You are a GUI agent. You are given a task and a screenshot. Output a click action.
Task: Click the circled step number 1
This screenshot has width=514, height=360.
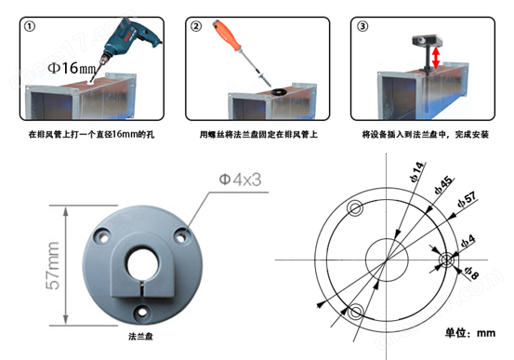point(33,25)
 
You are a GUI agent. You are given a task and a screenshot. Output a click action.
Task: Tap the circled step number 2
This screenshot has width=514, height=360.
point(197,25)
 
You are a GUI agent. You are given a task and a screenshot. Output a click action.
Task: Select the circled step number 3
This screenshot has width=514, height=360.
point(362,25)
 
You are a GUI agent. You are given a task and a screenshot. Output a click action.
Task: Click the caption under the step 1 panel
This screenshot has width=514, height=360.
point(88,134)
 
